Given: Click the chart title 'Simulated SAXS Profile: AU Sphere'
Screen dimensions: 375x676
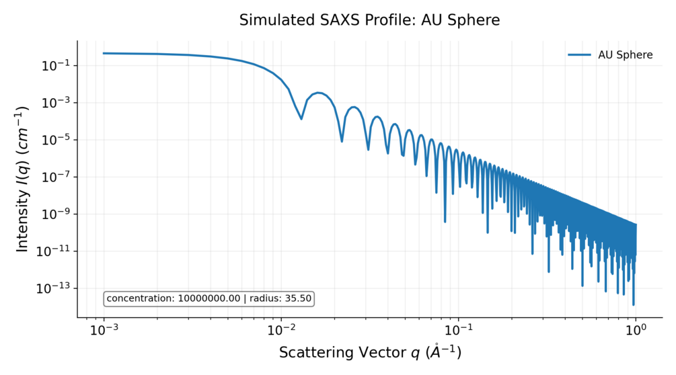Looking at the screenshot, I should pyautogui.click(x=369, y=20).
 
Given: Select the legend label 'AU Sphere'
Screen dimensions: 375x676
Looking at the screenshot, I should pyautogui.click(x=625, y=55).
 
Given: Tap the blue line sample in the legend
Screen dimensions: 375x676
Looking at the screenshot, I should pyautogui.click(x=578, y=55).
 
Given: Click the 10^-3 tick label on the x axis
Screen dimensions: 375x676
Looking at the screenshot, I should pyautogui.click(x=104, y=331).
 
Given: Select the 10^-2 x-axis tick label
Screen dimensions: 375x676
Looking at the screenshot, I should pyautogui.click(x=281, y=331).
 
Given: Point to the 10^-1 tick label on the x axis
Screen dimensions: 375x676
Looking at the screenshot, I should pyautogui.click(x=458, y=331).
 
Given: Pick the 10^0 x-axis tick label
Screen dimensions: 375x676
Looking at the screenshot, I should pyautogui.click(x=636, y=331).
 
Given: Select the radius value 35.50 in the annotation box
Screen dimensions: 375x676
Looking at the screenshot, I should pyautogui.click(x=298, y=298).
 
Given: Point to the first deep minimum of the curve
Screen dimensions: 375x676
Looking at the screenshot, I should pyautogui.click(x=301, y=118).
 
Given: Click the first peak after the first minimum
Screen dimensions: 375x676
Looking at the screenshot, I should pyautogui.click(x=318, y=93).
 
